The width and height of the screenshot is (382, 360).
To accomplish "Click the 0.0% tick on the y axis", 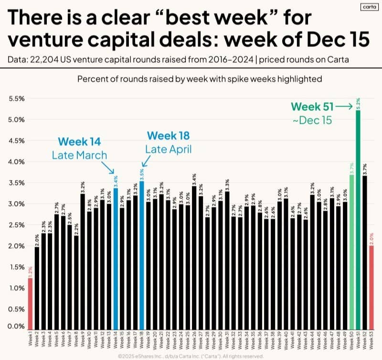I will pyautogui.click(x=17, y=327).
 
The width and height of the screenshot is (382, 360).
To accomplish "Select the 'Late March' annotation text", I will pyautogui.click(x=80, y=155).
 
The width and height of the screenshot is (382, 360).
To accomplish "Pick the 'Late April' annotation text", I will pyautogui.click(x=169, y=149).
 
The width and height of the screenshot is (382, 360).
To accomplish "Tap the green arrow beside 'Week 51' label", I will pyautogui.click(x=343, y=106).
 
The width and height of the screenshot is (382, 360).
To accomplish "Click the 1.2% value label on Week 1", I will pyautogui.click(x=30, y=272).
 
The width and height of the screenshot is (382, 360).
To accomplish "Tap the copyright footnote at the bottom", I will pyautogui.click(x=191, y=355).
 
